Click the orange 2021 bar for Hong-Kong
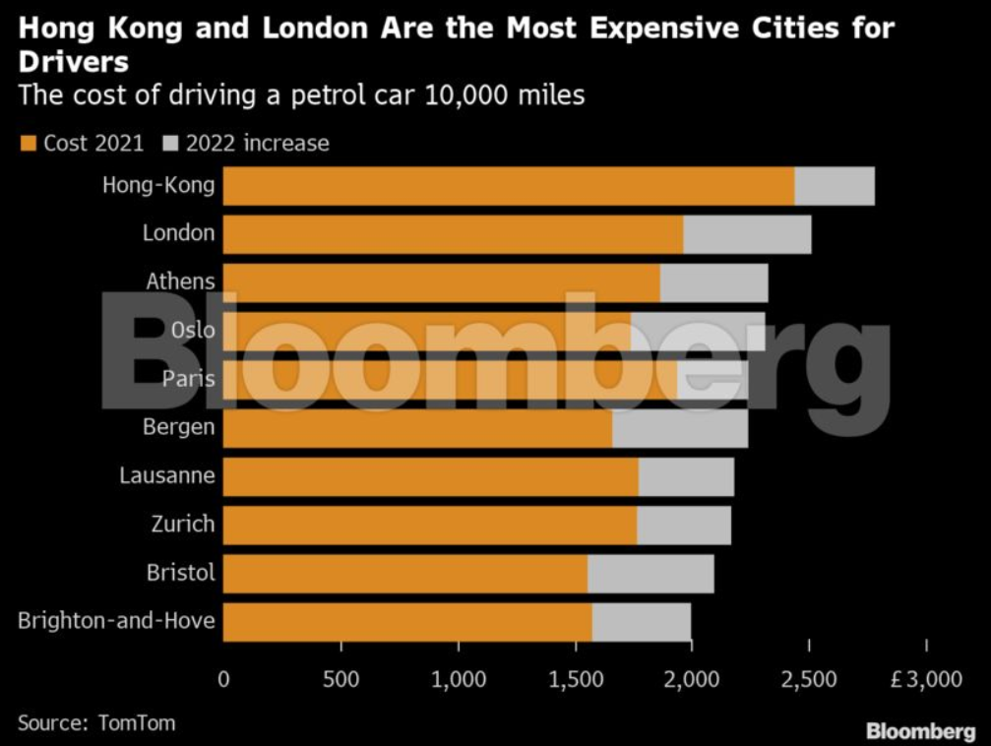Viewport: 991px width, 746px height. point(508,186)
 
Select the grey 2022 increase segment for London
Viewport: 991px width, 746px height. point(747,233)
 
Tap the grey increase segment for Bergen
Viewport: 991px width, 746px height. point(680,428)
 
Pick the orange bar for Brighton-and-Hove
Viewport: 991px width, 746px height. point(407,622)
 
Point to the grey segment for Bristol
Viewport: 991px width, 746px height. point(650,573)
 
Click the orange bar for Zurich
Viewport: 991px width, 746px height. point(430,525)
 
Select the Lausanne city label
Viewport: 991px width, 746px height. point(166,476)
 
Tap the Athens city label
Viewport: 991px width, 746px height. point(180,281)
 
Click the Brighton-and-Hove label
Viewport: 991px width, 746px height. point(116,621)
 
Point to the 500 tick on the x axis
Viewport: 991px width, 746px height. point(341,678)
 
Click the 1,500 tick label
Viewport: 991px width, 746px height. point(575,678)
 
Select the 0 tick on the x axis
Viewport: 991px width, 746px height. point(223,678)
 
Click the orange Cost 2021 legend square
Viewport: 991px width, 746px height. point(28,144)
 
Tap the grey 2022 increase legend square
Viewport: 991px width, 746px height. point(168,144)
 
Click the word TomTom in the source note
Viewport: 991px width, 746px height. point(137,722)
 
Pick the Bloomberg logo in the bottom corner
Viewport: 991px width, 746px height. point(920,731)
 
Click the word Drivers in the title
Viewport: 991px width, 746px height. point(74,63)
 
